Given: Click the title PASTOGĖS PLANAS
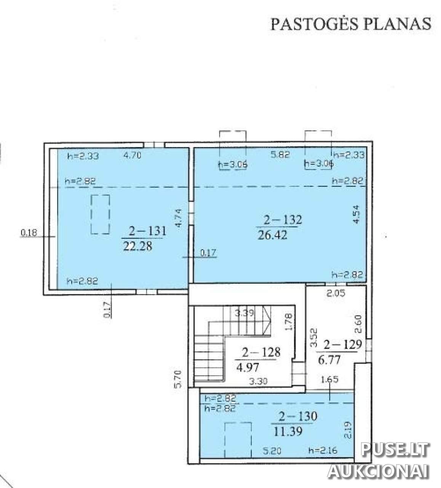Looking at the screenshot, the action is click(x=351, y=24).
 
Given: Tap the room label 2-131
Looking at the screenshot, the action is click(x=147, y=230).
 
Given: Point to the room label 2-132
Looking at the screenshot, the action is click(x=283, y=220).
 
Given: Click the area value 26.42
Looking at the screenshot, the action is click(x=272, y=235).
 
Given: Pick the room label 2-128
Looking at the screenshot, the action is click(x=261, y=352).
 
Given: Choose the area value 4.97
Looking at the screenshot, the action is click(x=248, y=367).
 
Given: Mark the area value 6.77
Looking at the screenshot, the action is click(x=329, y=359).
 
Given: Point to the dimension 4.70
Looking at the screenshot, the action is click(x=133, y=155).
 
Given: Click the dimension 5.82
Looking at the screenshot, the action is click(x=281, y=154).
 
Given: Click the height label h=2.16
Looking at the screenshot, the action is click(x=323, y=450).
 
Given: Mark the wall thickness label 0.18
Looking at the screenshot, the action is click(x=29, y=233).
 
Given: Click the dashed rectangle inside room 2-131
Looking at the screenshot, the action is click(x=101, y=214).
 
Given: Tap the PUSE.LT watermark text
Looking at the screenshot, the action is click(x=395, y=449).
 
